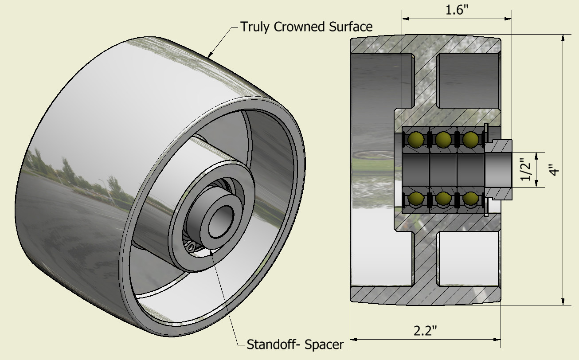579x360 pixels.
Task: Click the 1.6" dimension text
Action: click(457, 10)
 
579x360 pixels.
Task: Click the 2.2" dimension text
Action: click(425, 331)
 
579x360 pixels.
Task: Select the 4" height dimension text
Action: click(554, 170)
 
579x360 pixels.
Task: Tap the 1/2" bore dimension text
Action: click(526, 169)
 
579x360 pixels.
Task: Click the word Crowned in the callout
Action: click(299, 27)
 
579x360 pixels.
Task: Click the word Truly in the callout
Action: click(255, 27)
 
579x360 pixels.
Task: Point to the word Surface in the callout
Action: click(351, 27)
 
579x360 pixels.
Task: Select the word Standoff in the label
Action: click(272, 344)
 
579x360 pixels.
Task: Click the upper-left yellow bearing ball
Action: click(416, 140)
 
